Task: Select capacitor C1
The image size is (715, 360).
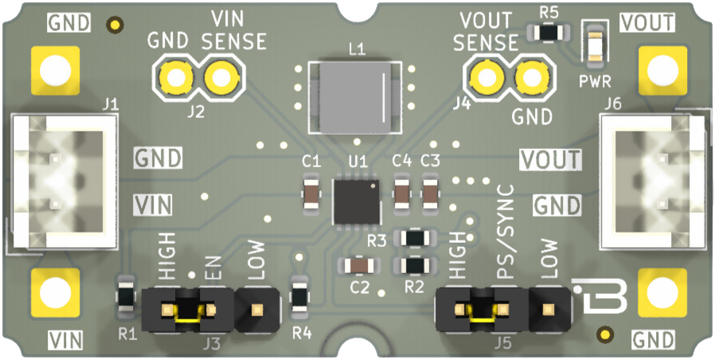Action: (x=311, y=193)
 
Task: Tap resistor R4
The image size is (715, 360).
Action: (x=299, y=295)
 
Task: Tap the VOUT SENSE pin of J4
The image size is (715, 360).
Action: (x=483, y=78)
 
